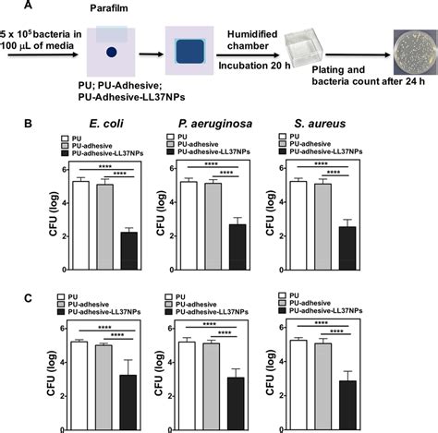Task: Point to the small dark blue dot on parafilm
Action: coord(111,53)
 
